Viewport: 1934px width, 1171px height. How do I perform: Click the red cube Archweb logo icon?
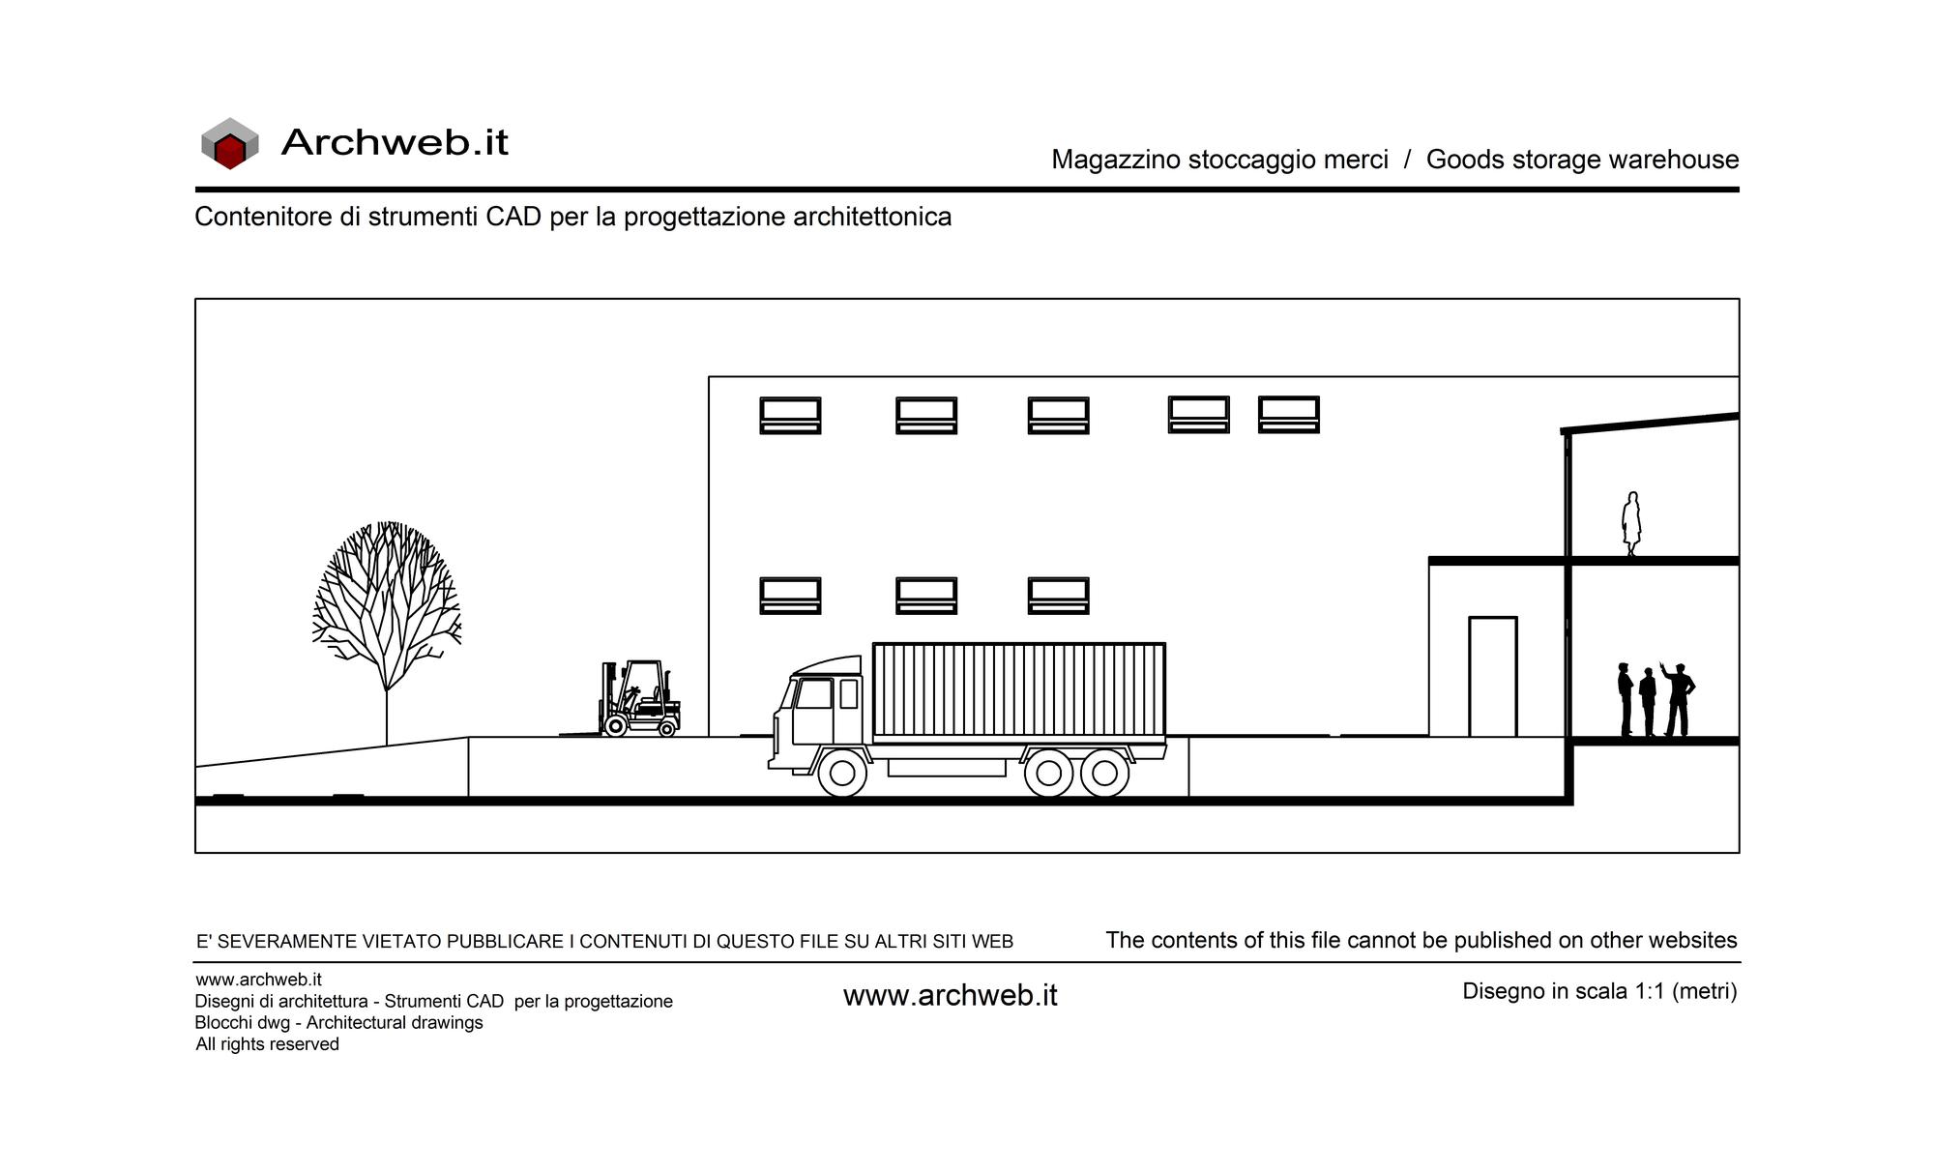(230, 144)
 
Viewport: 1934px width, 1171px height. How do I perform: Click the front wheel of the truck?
(842, 773)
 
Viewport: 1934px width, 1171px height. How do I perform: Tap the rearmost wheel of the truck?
(1104, 773)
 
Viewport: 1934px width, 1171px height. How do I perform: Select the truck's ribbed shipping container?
(1019, 692)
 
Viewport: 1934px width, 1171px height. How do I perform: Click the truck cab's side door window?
(813, 693)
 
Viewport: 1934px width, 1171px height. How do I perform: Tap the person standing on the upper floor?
(1631, 524)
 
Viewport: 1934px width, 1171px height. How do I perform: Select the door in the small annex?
(1493, 677)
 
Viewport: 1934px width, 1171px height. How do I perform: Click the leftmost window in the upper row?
(790, 415)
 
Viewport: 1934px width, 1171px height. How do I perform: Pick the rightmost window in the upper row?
(1289, 414)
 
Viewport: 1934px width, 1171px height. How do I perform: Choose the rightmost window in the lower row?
(1058, 596)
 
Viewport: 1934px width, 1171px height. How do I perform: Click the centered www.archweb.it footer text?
(951, 995)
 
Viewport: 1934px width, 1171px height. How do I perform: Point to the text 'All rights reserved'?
(267, 1044)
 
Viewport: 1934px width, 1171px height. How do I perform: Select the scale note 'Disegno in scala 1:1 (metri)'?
(1599, 991)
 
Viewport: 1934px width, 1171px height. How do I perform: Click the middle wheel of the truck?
(1048, 773)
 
